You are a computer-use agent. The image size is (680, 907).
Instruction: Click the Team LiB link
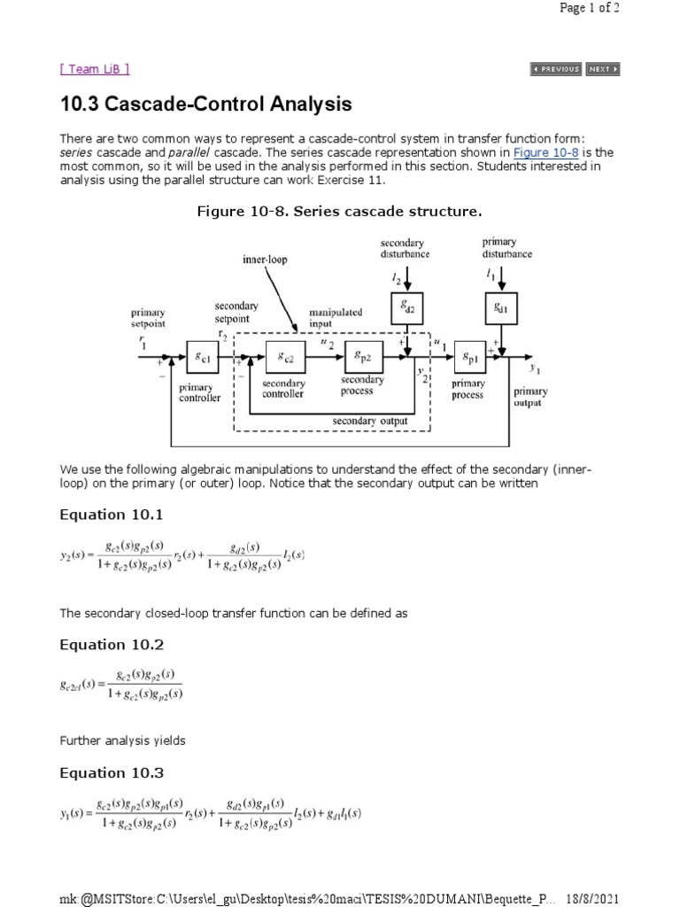95,69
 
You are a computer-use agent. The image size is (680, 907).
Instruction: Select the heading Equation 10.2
112,644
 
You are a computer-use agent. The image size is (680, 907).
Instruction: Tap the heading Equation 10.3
112,772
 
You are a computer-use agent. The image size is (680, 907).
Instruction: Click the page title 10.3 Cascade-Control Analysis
205,105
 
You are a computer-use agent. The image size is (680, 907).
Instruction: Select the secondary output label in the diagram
370,422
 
